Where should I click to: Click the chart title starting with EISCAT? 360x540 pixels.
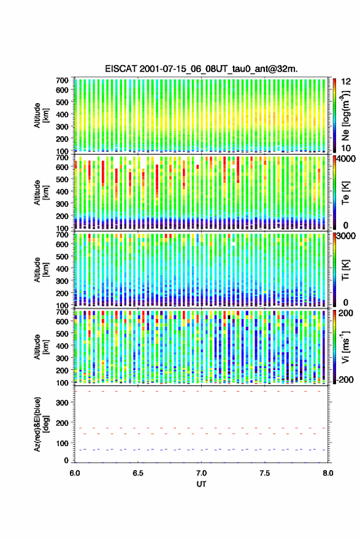tap(201, 69)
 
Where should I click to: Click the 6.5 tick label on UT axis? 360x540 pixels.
tap(138, 473)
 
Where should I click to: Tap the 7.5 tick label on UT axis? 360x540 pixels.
tap(265, 473)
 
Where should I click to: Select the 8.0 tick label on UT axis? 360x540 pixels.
tap(328, 473)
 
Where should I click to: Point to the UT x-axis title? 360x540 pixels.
tap(201, 484)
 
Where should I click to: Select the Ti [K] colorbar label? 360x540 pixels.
tap(345, 271)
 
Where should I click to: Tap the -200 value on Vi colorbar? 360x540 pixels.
tap(343, 380)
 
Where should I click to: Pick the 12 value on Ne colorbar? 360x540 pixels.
tap(346, 82)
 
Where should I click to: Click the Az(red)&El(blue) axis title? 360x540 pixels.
tap(41, 425)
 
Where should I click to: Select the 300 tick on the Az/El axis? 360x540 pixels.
tap(63, 403)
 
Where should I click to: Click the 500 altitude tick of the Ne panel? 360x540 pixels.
tap(63, 102)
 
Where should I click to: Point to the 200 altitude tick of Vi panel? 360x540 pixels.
tap(63, 371)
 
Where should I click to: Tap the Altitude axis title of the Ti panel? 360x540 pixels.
tap(41, 269)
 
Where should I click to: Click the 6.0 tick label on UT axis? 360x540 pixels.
tap(75, 473)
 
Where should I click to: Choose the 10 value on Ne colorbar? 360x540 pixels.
tap(346, 148)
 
